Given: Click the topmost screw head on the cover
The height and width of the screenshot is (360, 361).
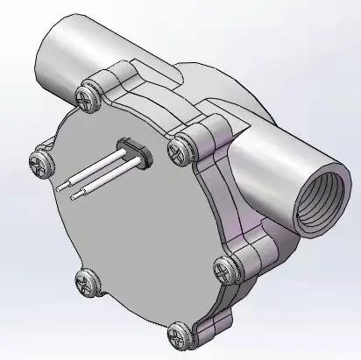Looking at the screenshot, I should pyautogui.click(x=87, y=96).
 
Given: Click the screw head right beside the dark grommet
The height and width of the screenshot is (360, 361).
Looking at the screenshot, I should pyautogui.click(x=179, y=150).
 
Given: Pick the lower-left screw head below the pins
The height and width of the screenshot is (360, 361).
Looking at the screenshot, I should pyautogui.click(x=86, y=281).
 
